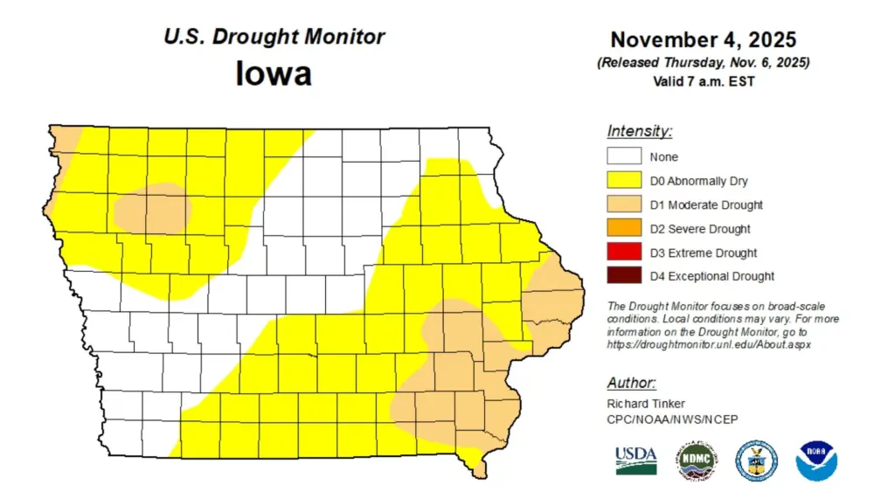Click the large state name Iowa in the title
(x=274, y=73)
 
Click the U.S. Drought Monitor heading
(x=274, y=37)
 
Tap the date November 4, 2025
(x=703, y=40)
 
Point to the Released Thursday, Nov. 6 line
(x=703, y=63)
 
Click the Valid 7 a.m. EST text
(x=703, y=81)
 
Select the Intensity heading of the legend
(x=640, y=132)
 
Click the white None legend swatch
(x=623, y=157)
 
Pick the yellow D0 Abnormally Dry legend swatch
(x=623, y=181)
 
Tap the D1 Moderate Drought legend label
(x=705, y=205)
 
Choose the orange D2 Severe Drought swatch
(x=623, y=229)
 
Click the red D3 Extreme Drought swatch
(x=623, y=253)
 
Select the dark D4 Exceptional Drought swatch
(x=623, y=276)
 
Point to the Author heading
(x=631, y=384)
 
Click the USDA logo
(x=635, y=460)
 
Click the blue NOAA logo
(x=816, y=460)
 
